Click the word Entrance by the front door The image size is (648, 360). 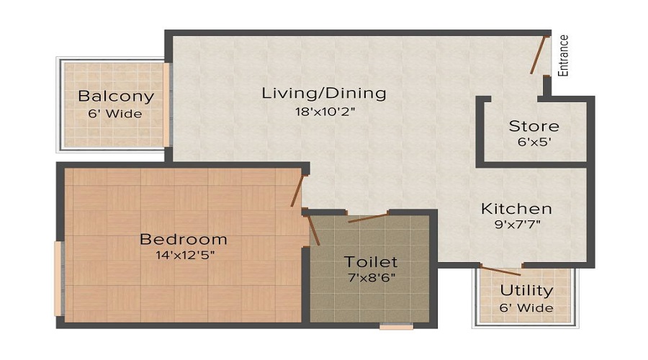coord(564,55)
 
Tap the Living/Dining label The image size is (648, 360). coord(324,93)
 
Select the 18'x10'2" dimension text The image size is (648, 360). coord(324,112)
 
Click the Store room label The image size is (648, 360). coord(534,126)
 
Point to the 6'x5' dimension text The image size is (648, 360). coord(534,142)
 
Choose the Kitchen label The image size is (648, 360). coord(516,209)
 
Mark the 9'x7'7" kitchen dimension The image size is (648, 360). coord(516,225)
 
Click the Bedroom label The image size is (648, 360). coord(184,239)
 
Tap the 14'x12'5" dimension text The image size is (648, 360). coord(184,255)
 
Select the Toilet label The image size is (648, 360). coord(371,261)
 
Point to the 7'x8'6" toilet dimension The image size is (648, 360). coord(371,277)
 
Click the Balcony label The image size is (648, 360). coord(116,96)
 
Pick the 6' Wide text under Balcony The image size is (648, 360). coord(116,113)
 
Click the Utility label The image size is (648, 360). coord(527,291)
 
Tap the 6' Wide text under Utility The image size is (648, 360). coord(527,307)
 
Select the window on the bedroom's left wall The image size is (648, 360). coord(58,279)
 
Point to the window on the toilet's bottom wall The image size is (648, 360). coord(396,326)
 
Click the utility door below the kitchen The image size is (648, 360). coord(500,271)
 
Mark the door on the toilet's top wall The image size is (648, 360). coord(367,217)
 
